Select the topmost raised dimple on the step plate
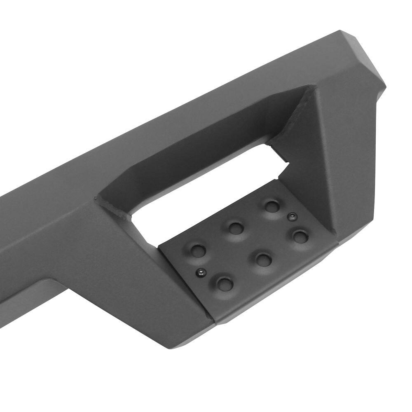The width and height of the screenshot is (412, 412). coord(272,206)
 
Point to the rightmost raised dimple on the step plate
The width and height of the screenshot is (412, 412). coord(300,236)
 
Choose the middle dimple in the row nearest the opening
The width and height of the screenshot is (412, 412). coord(236,227)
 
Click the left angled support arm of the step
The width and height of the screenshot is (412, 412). coord(124,264)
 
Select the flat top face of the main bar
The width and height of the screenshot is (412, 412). coord(165,124)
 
